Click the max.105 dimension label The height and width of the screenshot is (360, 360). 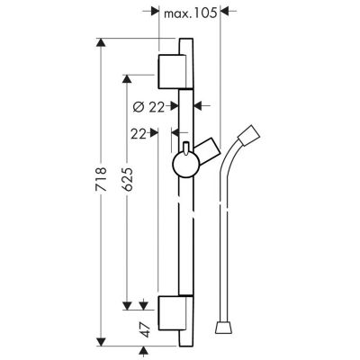point(190,13)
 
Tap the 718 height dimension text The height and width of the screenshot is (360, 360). point(101,179)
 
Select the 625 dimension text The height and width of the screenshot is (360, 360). point(127,179)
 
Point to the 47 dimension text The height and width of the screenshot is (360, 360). point(145,330)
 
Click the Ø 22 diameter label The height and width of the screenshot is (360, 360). point(148,107)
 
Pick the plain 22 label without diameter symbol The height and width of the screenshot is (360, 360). point(139,134)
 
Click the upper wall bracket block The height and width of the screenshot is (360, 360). point(171,72)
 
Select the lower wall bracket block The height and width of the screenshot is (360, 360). point(171,312)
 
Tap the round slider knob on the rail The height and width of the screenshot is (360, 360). point(186,164)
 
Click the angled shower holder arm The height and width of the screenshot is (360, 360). point(208,151)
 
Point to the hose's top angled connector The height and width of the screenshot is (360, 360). point(249,136)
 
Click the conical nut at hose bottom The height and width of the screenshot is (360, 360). point(224,328)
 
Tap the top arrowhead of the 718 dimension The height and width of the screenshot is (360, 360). point(101,42)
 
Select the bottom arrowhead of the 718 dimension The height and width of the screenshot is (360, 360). point(101,342)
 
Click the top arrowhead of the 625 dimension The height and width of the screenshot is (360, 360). point(127,79)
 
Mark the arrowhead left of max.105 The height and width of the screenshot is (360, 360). point(154,12)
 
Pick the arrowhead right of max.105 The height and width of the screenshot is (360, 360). point(225,12)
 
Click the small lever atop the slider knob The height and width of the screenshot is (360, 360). point(186,148)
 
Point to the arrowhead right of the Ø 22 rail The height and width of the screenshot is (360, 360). point(198,105)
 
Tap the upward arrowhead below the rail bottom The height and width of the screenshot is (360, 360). point(144,351)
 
